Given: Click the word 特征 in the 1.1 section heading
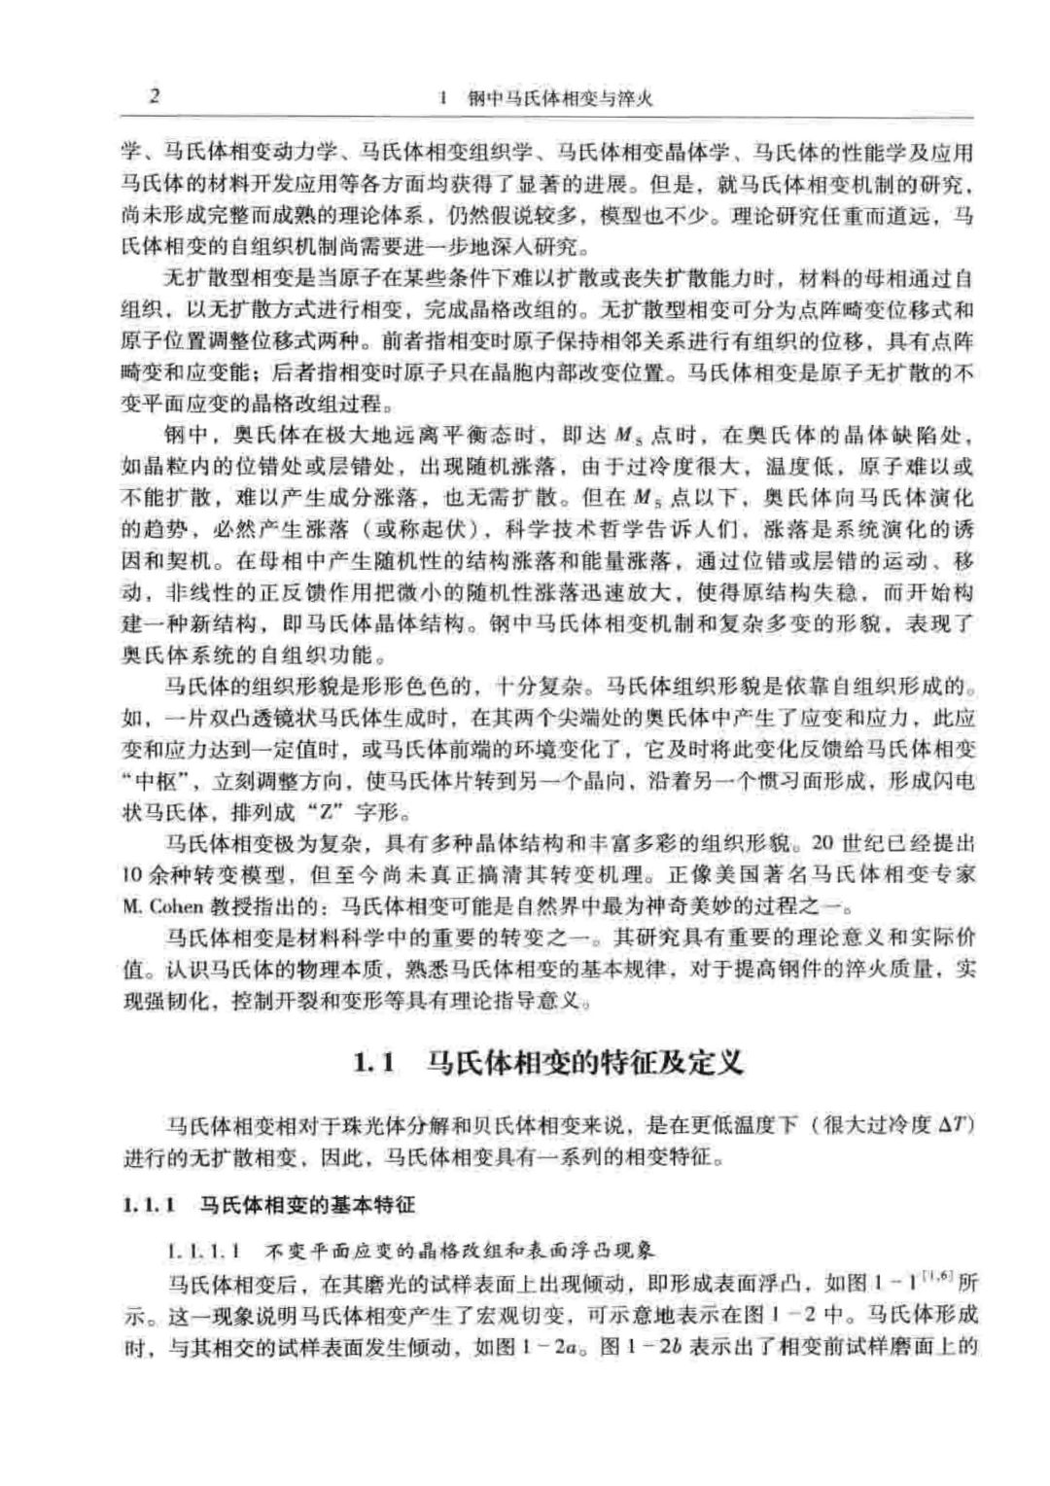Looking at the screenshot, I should (602, 1062).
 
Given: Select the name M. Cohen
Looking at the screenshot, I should (162, 906).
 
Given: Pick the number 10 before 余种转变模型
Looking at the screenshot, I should (134, 873).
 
